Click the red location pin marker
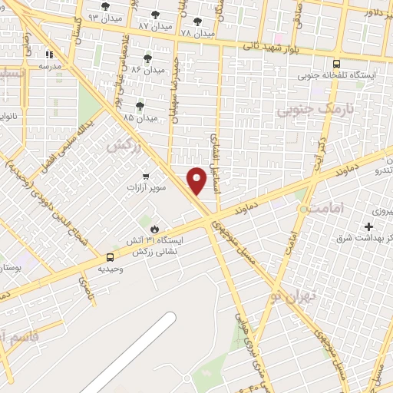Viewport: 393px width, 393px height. click(198, 180)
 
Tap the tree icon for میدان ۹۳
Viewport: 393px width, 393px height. click(105, 6)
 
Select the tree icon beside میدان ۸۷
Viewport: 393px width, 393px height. click(156, 15)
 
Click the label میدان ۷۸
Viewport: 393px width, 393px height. click(197, 33)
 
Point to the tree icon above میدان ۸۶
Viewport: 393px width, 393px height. click(147, 58)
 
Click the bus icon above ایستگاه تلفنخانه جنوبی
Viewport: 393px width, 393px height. click(337, 64)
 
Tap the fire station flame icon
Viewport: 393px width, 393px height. click(156, 229)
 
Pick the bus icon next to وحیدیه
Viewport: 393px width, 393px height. click(111, 257)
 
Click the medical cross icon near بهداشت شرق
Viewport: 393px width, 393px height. click(369, 227)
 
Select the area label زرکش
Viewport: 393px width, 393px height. click(124, 146)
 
